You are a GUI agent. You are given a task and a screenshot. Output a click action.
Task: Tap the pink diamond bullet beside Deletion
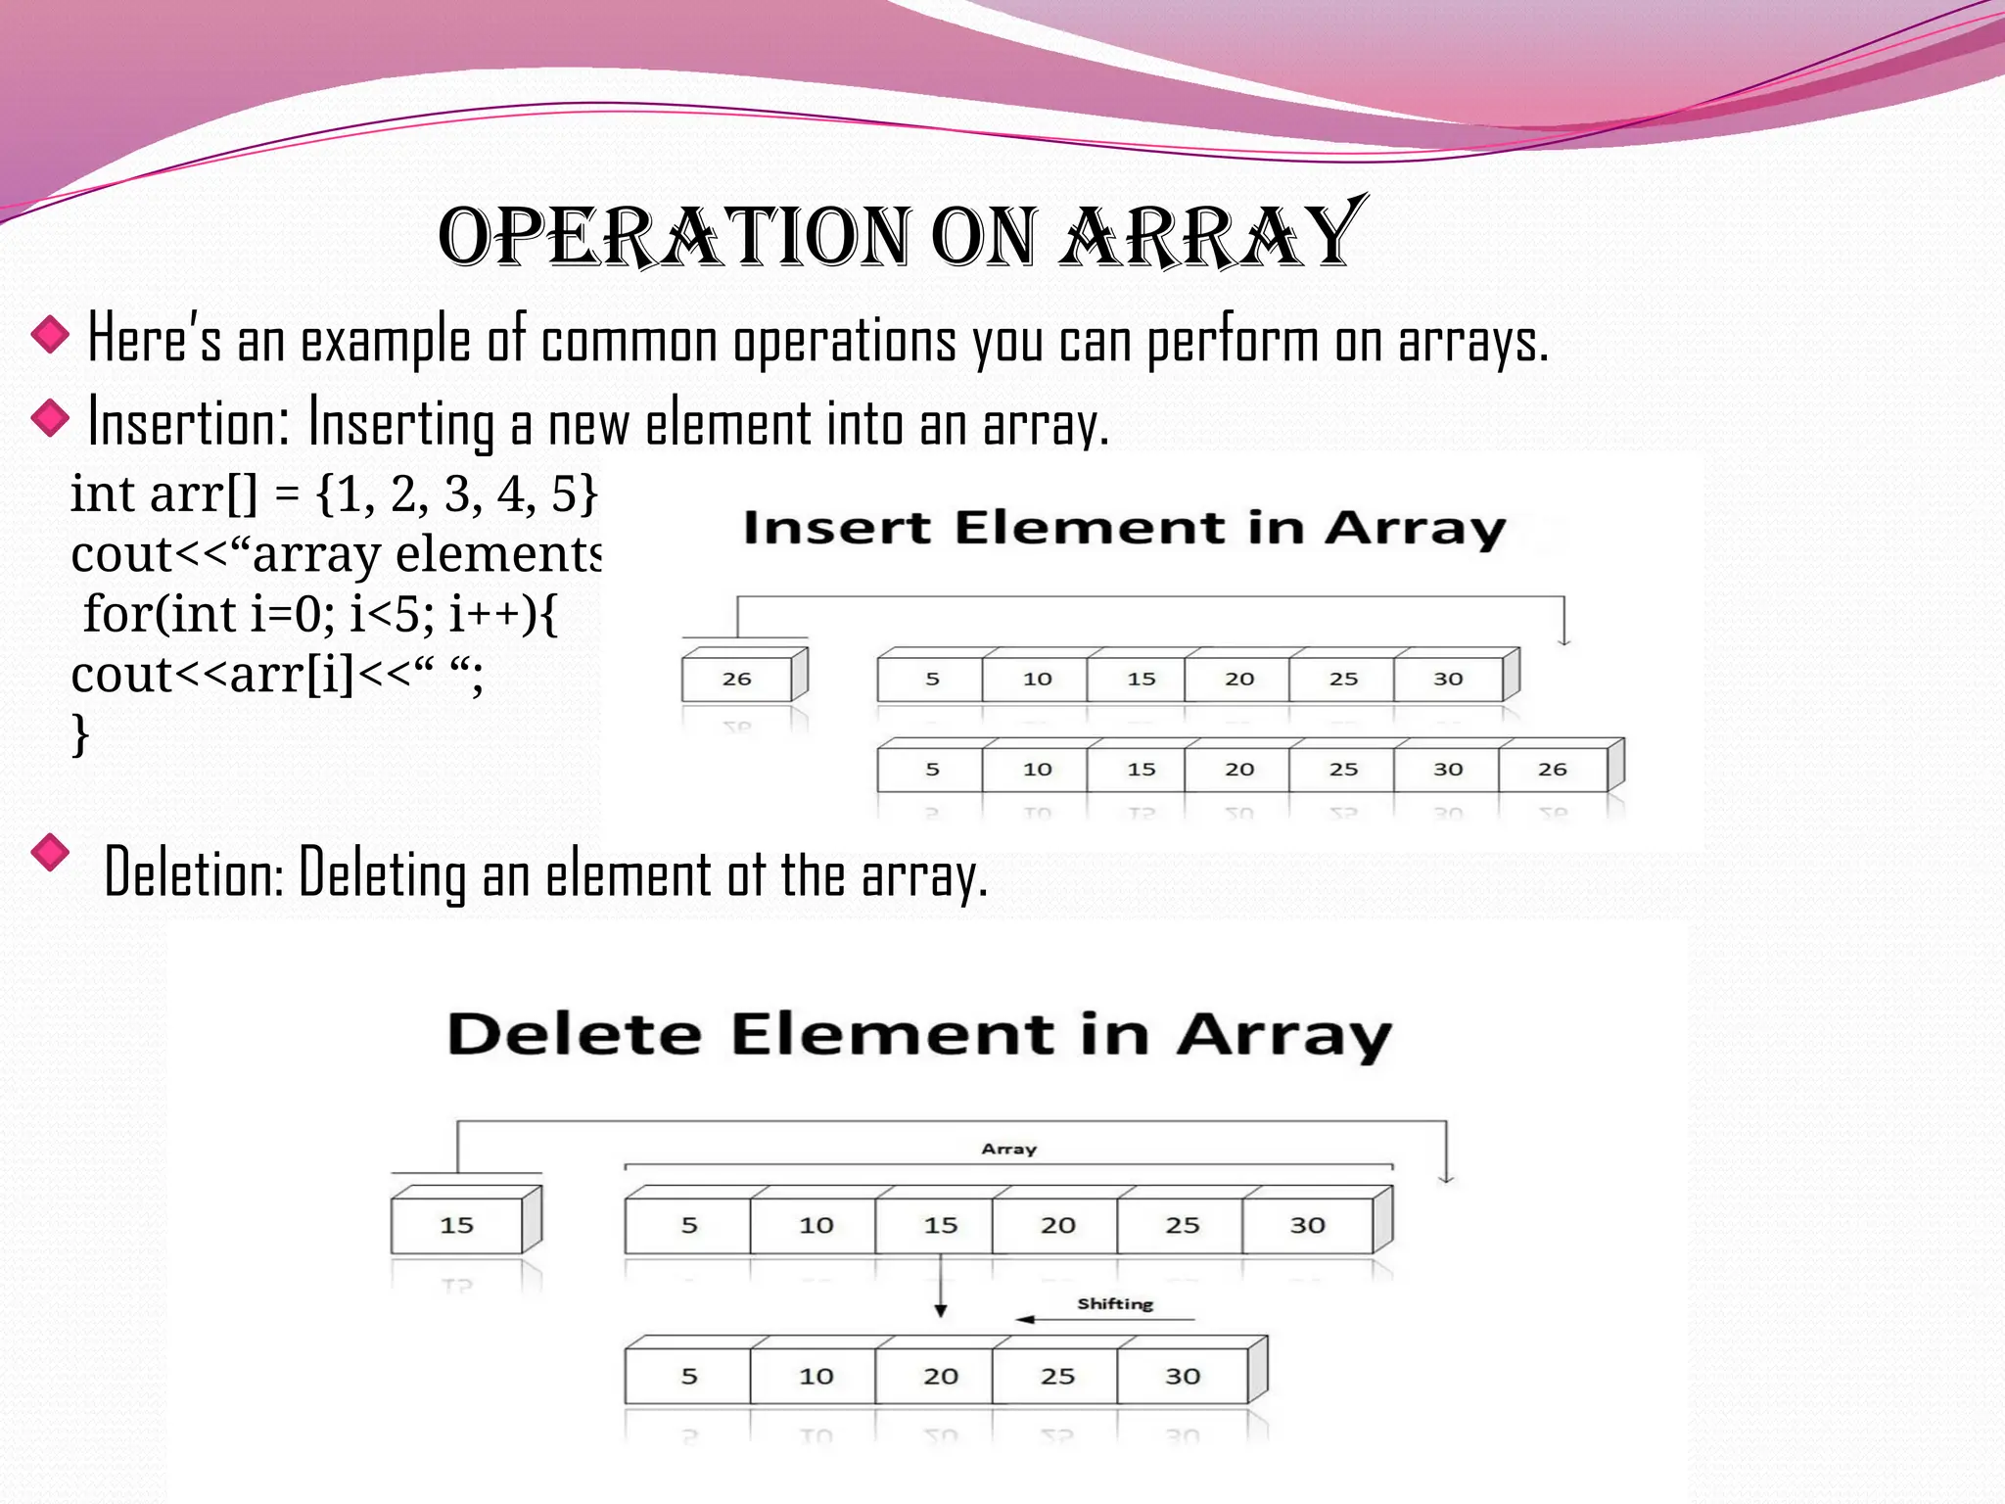[50, 852]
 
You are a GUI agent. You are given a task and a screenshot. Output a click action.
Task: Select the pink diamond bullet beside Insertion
[50, 420]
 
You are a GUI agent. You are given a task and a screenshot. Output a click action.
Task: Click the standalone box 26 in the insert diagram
[736, 679]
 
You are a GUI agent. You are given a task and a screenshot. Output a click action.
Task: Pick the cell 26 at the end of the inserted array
[1552, 770]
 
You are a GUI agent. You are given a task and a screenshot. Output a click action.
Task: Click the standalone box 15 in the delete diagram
[456, 1225]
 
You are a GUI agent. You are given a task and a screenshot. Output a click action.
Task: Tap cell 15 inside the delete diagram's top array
[940, 1225]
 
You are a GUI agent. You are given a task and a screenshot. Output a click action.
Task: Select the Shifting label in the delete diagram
[1115, 1303]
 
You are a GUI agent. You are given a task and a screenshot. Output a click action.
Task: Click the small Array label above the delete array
[1008, 1149]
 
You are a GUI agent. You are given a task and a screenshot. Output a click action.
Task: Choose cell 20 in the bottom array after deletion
[940, 1376]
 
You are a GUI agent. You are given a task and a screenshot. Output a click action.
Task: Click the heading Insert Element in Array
[1124, 529]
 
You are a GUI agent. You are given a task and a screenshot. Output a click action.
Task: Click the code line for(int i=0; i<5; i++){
[319, 615]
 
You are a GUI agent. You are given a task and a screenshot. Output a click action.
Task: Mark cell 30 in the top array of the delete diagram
[1307, 1225]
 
